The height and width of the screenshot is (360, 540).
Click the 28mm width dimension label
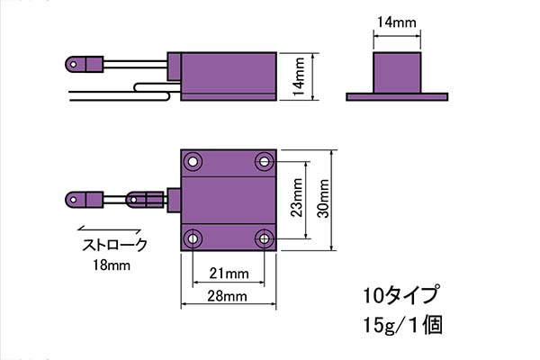click(x=228, y=296)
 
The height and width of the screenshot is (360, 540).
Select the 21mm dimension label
click(x=228, y=273)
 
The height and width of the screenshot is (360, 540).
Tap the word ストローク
click(x=114, y=245)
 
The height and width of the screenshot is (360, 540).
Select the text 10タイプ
click(x=400, y=295)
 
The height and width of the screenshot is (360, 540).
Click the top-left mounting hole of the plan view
click(x=193, y=162)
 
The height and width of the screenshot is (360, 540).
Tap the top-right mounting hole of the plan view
click(x=264, y=162)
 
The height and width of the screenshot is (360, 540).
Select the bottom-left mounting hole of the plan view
click(x=193, y=238)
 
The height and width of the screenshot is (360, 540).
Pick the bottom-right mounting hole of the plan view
click(x=264, y=238)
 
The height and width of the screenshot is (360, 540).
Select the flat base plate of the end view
click(x=396, y=94)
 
